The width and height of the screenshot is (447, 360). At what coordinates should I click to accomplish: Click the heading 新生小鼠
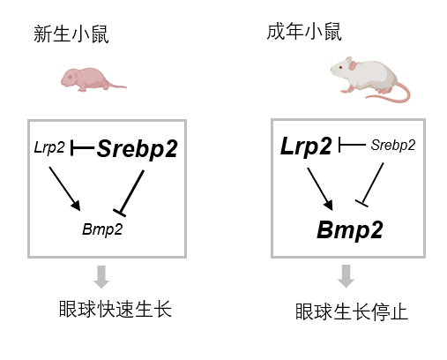click(x=71, y=34)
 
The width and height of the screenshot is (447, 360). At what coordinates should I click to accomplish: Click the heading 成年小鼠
click(x=304, y=32)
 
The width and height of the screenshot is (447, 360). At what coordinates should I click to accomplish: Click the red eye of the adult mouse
click(x=340, y=67)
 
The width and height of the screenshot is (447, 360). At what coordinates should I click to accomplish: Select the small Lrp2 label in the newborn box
click(x=49, y=147)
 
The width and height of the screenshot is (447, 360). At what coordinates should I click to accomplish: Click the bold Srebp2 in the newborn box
click(x=138, y=149)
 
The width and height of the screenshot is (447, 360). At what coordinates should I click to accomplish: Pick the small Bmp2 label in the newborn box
click(x=102, y=229)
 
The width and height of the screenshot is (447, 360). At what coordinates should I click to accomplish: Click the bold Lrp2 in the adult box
click(x=306, y=146)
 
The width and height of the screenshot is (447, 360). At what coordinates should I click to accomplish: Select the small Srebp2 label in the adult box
click(x=393, y=145)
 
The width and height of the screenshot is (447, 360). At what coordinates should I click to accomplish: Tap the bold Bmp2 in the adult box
click(x=350, y=230)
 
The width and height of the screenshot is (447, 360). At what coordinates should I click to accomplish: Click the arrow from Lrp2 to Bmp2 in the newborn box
click(x=64, y=189)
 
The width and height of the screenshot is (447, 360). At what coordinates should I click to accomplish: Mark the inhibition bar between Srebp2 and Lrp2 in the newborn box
click(x=83, y=147)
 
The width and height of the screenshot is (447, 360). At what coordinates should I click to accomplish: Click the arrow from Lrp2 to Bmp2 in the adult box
click(x=320, y=189)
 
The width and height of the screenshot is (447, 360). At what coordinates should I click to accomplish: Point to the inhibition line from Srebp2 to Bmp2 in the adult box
click(x=370, y=184)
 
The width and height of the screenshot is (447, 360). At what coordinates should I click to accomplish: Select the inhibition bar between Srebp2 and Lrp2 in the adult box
click(x=352, y=145)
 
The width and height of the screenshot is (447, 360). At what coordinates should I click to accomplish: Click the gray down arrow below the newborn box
click(x=101, y=277)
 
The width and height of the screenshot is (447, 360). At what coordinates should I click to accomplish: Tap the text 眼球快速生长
click(x=115, y=309)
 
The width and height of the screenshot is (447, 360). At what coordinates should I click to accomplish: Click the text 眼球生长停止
click(x=352, y=311)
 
